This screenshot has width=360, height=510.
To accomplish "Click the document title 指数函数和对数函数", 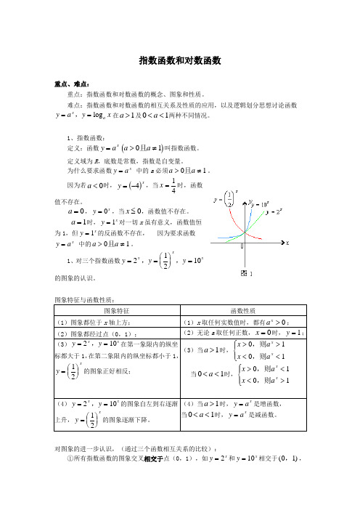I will pos(179,62).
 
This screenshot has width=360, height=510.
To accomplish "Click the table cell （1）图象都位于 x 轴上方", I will pos(91,322).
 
